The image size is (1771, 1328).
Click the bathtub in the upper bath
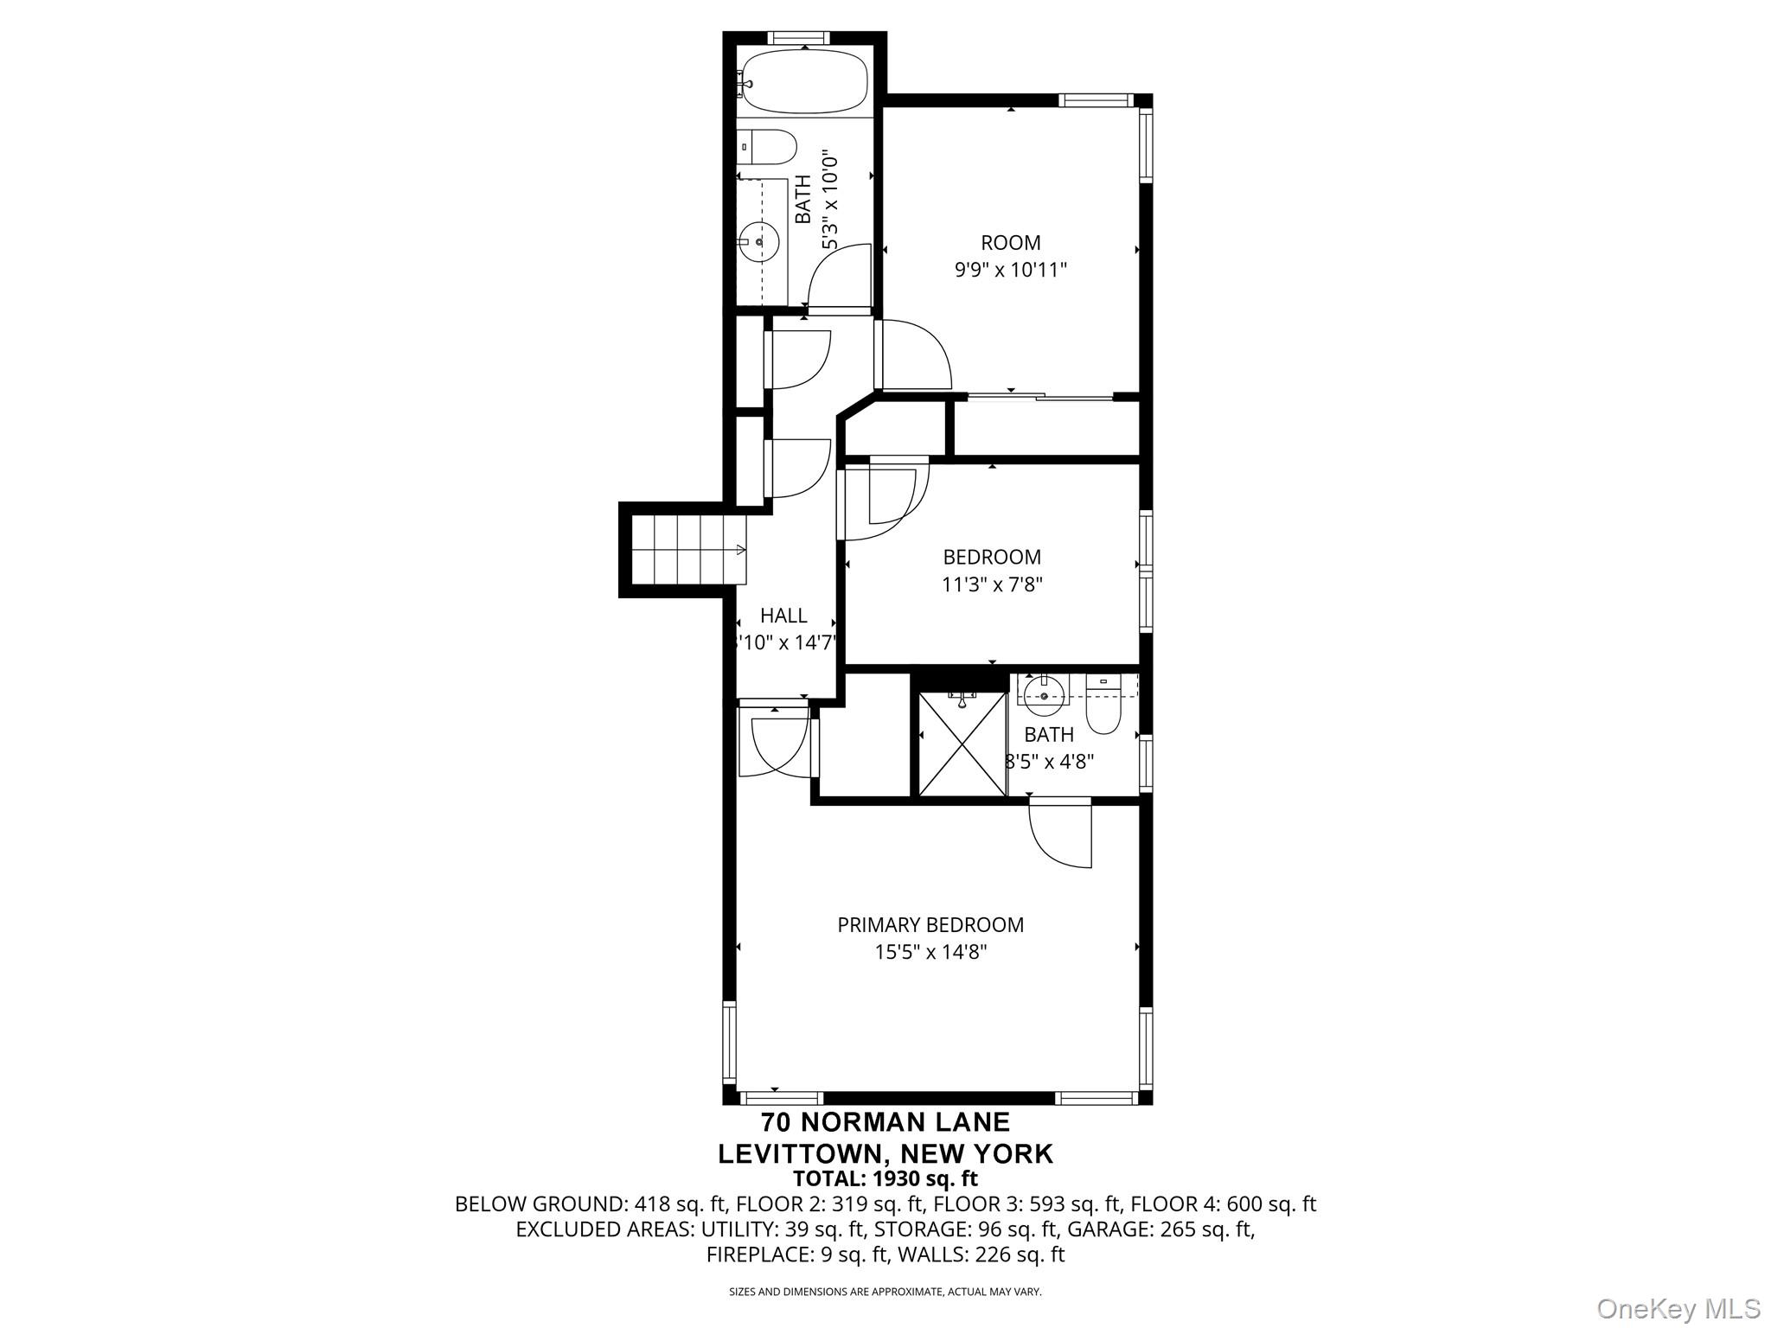805,81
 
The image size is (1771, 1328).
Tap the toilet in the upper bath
769,147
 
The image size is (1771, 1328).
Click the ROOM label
1010,243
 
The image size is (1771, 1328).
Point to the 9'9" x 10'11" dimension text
1010,270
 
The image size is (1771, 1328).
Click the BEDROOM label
992,557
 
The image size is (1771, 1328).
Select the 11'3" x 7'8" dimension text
992,584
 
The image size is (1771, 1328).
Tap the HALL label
783,616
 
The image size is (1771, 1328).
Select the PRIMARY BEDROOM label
930,924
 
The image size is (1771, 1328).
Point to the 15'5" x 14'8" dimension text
930,952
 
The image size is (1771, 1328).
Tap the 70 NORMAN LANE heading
885,1122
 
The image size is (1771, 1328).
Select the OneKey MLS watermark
1678,1308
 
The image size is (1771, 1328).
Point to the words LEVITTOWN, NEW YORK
885,1153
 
